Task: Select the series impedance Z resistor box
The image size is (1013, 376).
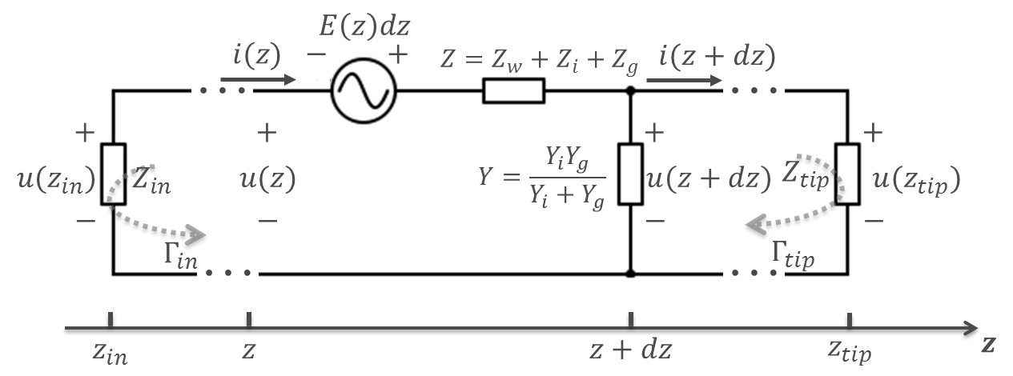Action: click(513, 91)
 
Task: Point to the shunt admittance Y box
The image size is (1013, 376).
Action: click(630, 173)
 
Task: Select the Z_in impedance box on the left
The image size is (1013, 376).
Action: click(114, 174)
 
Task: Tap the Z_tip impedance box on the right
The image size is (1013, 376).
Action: click(846, 174)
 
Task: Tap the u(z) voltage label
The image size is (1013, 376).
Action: click(267, 178)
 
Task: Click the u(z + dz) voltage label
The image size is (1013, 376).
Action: click(707, 178)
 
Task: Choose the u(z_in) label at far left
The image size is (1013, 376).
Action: click(55, 178)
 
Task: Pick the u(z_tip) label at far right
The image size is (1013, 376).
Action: click(916, 179)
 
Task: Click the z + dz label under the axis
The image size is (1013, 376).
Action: click(630, 350)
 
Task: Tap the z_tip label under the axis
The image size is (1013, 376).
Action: click(850, 350)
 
